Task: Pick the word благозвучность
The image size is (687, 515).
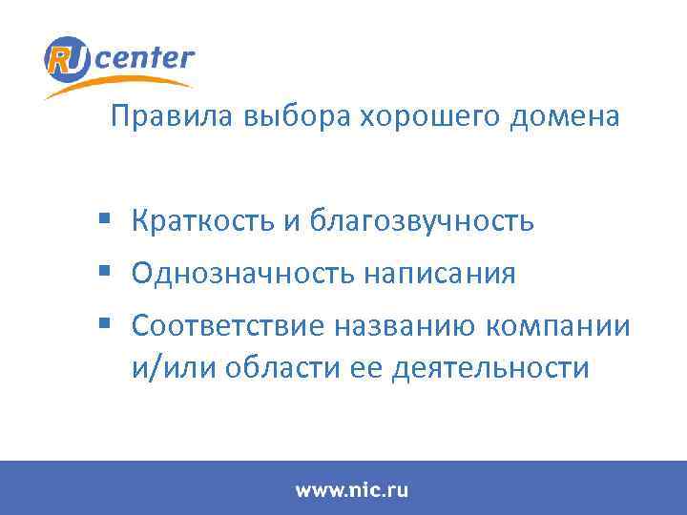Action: (421, 222)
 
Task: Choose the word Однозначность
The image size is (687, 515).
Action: (242, 275)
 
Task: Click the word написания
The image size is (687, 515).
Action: (440, 275)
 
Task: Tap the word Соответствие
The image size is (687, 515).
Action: (228, 326)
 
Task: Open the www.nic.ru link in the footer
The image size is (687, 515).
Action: (351, 490)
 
